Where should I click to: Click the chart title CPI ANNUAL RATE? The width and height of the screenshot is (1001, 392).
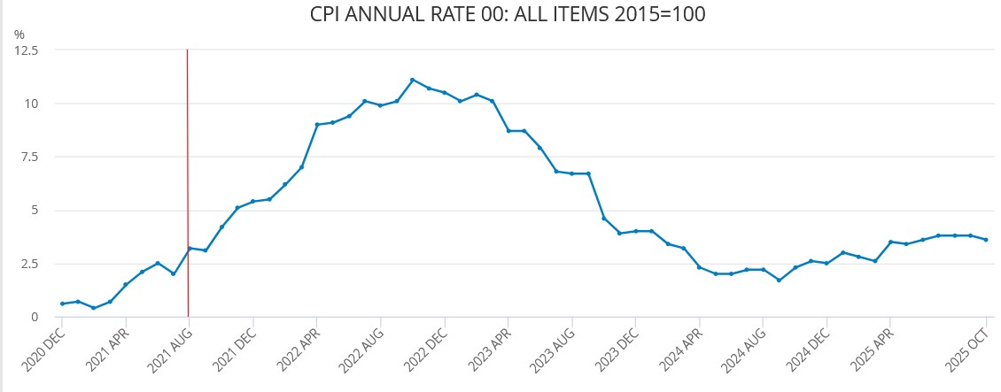coord(508,15)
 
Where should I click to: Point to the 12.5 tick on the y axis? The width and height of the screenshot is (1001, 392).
coord(27,50)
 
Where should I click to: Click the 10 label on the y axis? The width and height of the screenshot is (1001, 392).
coord(31,104)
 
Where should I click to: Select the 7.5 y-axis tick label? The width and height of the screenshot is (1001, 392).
coord(29,157)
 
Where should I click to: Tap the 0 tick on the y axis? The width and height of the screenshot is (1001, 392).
coord(34,317)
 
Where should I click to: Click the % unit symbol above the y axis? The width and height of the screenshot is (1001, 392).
coord(19,35)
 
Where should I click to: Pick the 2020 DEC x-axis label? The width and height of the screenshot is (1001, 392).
coord(44,347)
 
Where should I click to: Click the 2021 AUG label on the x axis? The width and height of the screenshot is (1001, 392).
coord(171,347)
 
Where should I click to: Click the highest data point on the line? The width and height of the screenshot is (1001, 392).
coord(413,80)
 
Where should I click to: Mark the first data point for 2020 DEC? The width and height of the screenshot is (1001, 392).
coord(62,304)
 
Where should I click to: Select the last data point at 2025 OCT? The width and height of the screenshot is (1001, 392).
coord(986,240)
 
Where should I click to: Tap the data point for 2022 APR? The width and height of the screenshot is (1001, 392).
coord(317,125)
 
